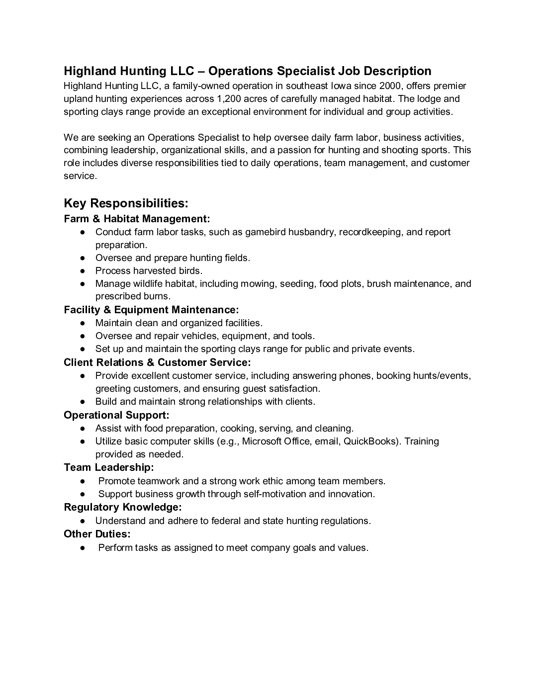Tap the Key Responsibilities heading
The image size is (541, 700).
click(126, 203)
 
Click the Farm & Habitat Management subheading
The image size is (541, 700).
click(137, 219)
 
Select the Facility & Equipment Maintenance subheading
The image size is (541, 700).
click(151, 310)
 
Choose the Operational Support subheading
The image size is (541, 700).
click(116, 415)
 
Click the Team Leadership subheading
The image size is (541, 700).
click(109, 467)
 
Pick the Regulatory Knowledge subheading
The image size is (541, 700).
click(123, 507)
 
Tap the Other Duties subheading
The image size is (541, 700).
click(97, 534)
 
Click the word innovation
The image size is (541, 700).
click(351, 494)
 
